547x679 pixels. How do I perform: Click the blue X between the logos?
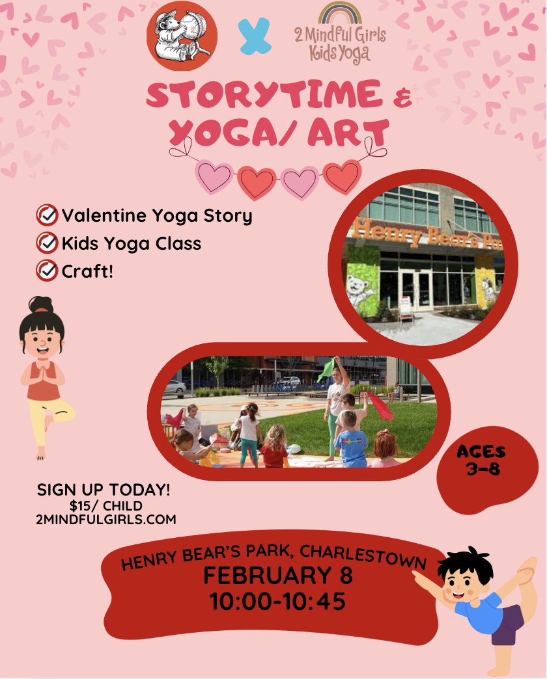click(x=255, y=36)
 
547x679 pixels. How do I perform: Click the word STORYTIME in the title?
click(x=264, y=94)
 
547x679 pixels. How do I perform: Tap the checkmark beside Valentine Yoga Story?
click(x=47, y=215)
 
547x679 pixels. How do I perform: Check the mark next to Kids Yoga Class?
click(x=47, y=243)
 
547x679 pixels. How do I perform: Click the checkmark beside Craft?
click(x=47, y=271)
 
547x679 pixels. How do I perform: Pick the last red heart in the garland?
click(x=342, y=176)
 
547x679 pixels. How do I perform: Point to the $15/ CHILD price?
click(x=106, y=505)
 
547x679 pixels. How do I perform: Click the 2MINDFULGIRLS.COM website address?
click(x=106, y=519)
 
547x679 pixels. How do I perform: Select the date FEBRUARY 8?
click(x=277, y=576)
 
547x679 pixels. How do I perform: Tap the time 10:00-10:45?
click(x=277, y=602)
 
